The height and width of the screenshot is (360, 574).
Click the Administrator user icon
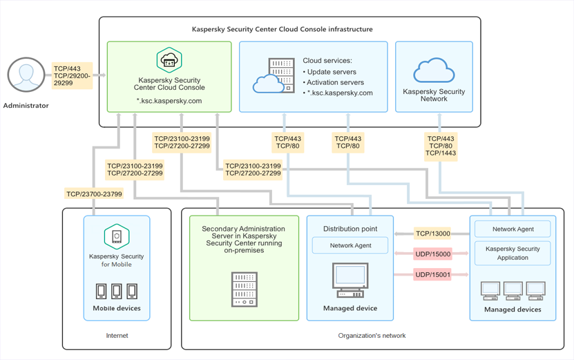click(26, 75)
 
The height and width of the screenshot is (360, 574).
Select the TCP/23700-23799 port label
click(94, 194)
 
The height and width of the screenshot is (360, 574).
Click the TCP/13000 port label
click(432, 234)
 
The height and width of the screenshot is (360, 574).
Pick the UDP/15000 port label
click(432, 254)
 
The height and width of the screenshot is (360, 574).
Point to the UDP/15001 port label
click(432, 275)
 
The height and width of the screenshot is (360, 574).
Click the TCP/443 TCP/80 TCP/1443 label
click(439, 146)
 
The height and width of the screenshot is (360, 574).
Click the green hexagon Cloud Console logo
click(169, 61)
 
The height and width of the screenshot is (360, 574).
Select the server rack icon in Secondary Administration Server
click(245, 290)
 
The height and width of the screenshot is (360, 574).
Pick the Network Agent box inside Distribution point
click(350, 245)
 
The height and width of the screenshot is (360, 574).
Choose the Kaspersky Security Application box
click(513, 253)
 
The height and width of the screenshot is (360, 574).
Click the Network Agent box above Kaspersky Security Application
click(513, 229)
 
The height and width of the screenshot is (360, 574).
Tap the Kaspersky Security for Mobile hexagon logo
click(117, 237)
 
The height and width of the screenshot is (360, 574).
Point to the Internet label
click(117, 336)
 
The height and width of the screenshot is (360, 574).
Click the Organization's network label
click(372, 336)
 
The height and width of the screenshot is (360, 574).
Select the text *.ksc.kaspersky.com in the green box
click(169, 101)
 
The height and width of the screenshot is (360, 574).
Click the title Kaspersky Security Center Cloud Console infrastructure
click(282, 30)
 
